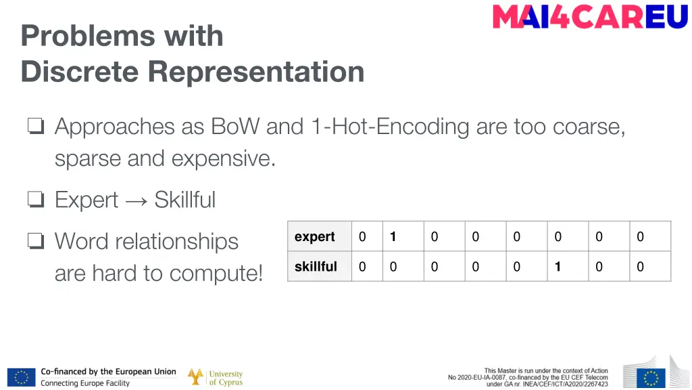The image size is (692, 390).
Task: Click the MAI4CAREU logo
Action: [x=590, y=17]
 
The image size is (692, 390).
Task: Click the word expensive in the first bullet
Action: [x=224, y=159]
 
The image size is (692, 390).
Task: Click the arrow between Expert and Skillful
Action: [x=136, y=200]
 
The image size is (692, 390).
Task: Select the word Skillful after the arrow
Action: [x=184, y=200]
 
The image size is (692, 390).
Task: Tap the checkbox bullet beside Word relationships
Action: [x=36, y=241]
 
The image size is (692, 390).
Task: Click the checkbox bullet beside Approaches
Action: [x=36, y=127]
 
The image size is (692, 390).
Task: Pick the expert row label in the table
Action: [x=315, y=237]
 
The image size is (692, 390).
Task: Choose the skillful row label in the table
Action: [x=316, y=267]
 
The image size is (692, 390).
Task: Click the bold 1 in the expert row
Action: [x=393, y=237]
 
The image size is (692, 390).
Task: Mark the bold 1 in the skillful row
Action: [x=558, y=267]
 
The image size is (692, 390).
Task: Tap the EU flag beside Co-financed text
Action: [x=21, y=377]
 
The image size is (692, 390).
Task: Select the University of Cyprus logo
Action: [x=215, y=377]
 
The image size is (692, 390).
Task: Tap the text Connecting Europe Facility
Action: [x=85, y=383]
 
